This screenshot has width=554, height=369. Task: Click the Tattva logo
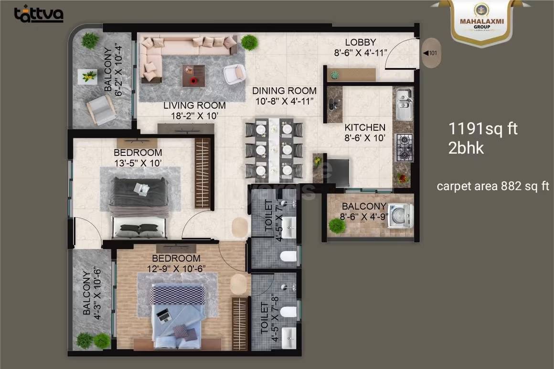pos(39,14)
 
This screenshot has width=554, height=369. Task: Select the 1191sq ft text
pos(483,129)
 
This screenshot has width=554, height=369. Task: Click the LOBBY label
pos(361,42)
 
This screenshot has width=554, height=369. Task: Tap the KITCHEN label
pos(365,127)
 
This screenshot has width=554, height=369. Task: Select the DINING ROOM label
pos(284,91)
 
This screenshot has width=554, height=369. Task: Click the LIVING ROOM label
pos(194,105)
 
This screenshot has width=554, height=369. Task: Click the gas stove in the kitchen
pos(405,148)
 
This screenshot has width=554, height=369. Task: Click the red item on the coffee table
pos(193,81)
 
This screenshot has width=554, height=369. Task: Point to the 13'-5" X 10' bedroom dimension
pos(138,163)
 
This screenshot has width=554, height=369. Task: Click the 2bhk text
pos(466,148)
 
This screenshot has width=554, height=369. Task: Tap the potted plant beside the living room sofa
pos(249,42)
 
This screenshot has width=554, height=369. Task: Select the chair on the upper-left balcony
pos(101,109)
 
